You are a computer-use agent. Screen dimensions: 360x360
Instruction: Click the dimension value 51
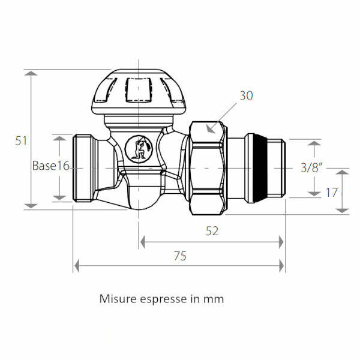tap(22, 140)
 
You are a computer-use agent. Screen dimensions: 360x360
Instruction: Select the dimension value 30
tap(247, 95)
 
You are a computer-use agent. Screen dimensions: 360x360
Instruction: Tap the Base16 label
tap(52, 166)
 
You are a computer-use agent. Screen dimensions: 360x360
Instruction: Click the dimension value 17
tap(331, 193)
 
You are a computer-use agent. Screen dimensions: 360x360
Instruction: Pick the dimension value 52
tap(212, 230)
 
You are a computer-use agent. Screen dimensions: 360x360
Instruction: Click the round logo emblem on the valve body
tap(140, 148)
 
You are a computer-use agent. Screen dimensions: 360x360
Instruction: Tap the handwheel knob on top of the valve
tap(139, 93)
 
